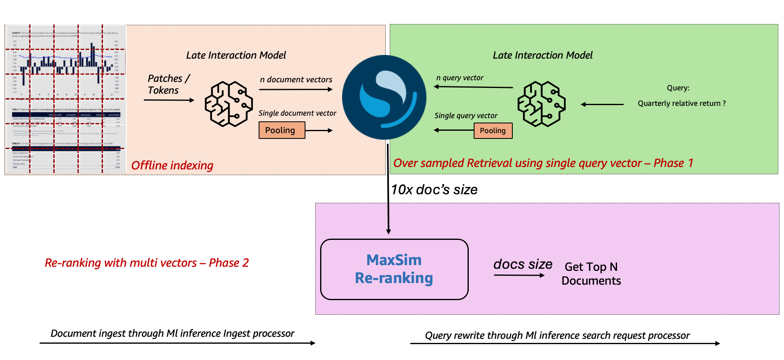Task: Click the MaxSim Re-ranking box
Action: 394,269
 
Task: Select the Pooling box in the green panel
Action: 493,131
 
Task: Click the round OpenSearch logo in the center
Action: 384,97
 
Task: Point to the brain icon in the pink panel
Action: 228,104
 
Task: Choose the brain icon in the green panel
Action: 541,104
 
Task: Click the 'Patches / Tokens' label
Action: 168,84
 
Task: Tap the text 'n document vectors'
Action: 296,79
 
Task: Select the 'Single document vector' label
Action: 297,113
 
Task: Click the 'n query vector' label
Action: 460,78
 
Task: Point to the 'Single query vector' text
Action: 466,116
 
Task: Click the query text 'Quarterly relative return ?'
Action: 681,103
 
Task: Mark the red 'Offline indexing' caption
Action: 172,165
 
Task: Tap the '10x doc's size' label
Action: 434,190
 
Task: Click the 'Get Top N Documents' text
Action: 591,274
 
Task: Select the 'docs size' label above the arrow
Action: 523,264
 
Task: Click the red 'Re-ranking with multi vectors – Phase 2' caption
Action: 147,263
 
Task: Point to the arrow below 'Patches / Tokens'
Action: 169,100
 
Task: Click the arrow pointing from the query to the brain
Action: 602,105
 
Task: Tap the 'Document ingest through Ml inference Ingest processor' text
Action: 172,334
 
